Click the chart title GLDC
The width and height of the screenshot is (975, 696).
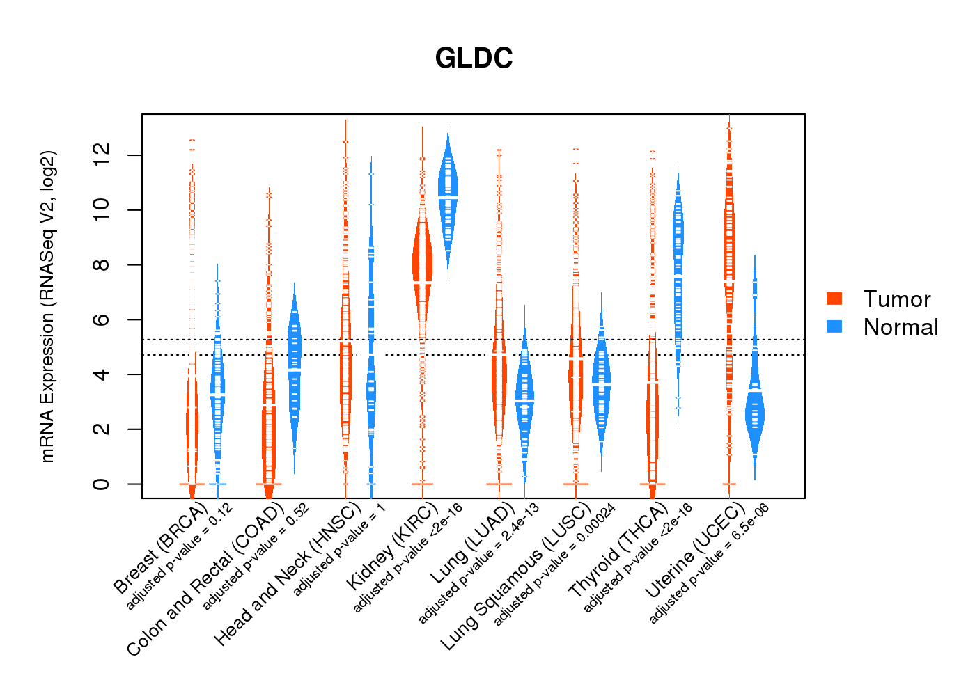point(474,58)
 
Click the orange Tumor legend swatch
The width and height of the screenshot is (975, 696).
point(834,299)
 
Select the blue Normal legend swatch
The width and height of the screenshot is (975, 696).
point(834,326)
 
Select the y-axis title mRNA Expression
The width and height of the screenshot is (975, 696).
point(47,306)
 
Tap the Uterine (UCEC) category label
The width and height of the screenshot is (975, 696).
point(694,550)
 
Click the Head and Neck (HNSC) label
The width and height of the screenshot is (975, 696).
point(288,574)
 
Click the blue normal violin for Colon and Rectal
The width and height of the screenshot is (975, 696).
point(295,355)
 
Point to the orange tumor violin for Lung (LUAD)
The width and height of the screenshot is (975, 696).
point(499,376)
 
